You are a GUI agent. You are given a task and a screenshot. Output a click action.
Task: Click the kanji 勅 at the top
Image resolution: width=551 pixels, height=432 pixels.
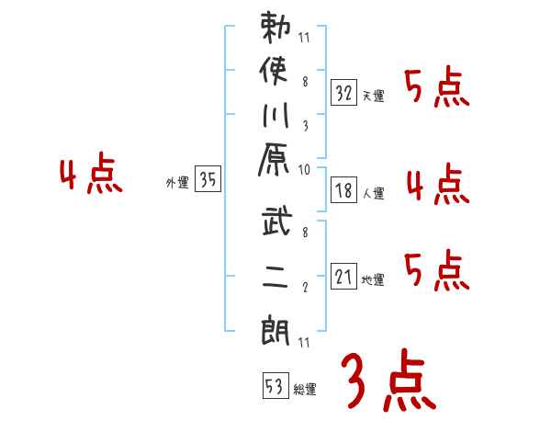[x=276, y=29]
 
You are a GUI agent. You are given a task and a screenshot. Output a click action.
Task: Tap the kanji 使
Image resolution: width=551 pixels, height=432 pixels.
[x=276, y=74]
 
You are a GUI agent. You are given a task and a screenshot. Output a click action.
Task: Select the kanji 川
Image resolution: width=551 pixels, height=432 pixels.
[x=276, y=118]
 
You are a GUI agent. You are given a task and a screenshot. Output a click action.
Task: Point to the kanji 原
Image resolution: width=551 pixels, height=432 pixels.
[x=276, y=164]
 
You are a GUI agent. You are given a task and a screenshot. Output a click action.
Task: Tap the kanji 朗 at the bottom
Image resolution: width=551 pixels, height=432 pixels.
[x=276, y=327]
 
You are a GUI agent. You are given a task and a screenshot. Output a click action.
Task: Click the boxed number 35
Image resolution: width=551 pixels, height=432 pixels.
[x=208, y=180]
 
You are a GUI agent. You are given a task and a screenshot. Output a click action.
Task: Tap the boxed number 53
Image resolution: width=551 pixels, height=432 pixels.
[x=275, y=385]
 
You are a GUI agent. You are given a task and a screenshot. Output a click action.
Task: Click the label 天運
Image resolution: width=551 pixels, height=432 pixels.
[x=373, y=96]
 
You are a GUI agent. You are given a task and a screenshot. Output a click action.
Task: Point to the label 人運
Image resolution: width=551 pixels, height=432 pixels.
[x=373, y=194]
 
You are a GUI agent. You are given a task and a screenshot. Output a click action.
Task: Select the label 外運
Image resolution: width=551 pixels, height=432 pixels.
[x=176, y=183]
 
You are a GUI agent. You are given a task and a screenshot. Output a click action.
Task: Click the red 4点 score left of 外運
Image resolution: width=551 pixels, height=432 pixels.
[x=90, y=176]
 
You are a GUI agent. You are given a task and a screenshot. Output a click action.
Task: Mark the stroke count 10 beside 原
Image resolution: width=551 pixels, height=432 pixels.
[x=304, y=170]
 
